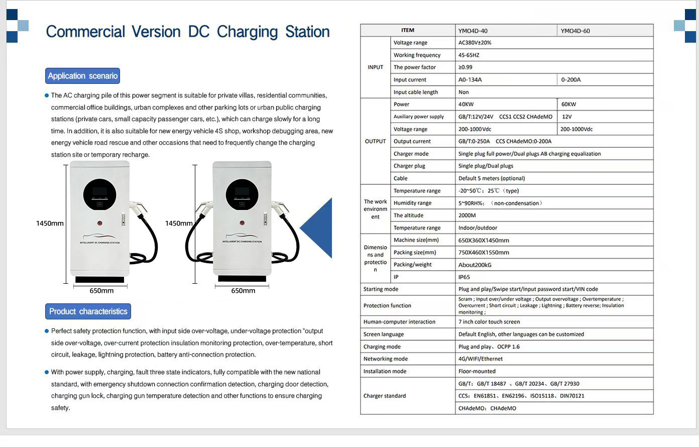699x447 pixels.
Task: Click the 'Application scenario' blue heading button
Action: pyautogui.click(x=82, y=76)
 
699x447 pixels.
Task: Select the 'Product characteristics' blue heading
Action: pyautogui.click(x=88, y=311)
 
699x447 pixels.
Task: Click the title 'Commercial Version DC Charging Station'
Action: pyautogui.click(x=187, y=32)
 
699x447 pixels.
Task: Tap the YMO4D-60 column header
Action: pyautogui.click(x=575, y=31)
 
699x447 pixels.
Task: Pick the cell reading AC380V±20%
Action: pyautogui.click(x=475, y=43)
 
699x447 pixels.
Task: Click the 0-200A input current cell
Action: pyautogui.click(x=571, y=80)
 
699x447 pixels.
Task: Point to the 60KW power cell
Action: pyautogui.click(x=568, y=104)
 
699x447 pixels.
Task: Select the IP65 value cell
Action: pyautogui.click(x=464, y=277)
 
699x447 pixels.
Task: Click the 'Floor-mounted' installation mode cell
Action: pyautogui.click(x=477, y=372)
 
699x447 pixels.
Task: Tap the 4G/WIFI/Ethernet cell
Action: pyautogui.click(x=480, y=359)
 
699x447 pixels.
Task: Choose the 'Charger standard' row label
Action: pyautogui.click(x=385, y=396)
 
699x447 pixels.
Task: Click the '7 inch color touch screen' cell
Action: pyautogui.click(x=489, y=322)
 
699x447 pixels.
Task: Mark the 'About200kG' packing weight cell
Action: pyautogui.click(x=475, y=265)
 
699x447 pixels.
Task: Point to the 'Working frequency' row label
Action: pyautogui.click(x=417, y=55)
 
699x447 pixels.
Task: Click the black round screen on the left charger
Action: pyautogui.click(x=99, y=195)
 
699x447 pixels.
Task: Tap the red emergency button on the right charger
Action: pyautogui.click(x=242, y=222)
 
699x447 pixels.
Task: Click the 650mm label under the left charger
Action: pyautogui.click(x=101, y=291)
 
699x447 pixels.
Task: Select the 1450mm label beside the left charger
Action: pyautogui.click(x=50, y=223)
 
